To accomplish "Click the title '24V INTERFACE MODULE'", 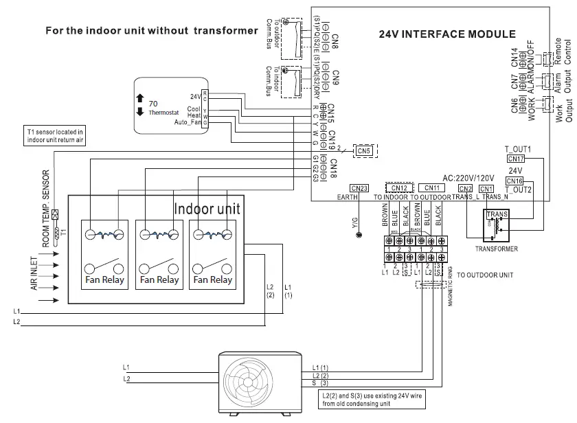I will tap(447, 34).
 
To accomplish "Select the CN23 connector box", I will tap(359, 188).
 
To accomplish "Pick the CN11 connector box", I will tap(432, 188).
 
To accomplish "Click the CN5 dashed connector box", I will tap(364, 150).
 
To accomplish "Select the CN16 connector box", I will tap(514, 181).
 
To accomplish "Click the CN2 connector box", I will tap(466, 189).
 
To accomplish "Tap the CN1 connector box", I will tap(486, 189).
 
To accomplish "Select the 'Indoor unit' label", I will tap(207, 208).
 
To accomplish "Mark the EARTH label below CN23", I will tap(347, 197).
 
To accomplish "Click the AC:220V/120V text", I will tap(469, 175).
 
